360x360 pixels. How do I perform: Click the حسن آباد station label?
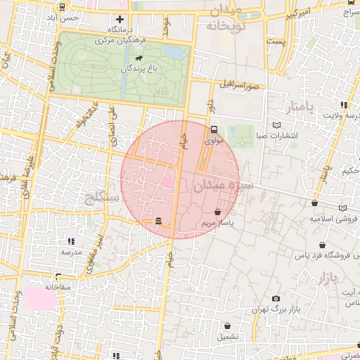(69, 18)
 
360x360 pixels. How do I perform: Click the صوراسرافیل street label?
(239, 85)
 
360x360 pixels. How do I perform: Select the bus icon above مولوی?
(213, 129)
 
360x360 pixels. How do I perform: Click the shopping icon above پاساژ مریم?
(217, 212)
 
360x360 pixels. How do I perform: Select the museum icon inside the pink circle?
(157, 221)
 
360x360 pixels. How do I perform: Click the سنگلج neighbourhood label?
(103, 197)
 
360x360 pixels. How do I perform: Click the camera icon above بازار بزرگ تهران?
(275, 299)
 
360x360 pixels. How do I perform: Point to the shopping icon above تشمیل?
(228, 326)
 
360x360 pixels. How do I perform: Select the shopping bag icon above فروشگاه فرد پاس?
(321, 245)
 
